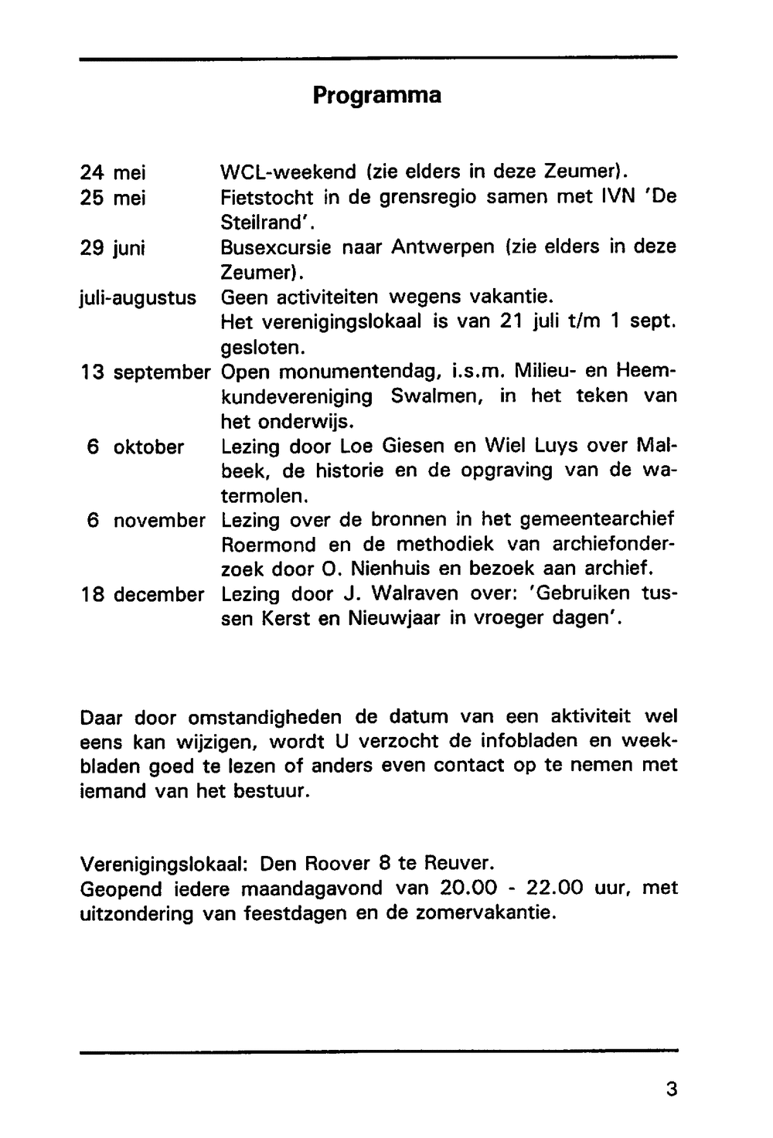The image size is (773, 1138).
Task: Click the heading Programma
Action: click(x=377, y=96)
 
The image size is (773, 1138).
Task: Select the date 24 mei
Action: click(x=113, y=172)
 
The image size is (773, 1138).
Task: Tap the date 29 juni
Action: click(x=114, y=248)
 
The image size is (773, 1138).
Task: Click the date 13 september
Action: click(x=145, y=372)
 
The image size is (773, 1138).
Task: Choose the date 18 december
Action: click(x=142, y=596)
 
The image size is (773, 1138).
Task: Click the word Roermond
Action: click(x=268, y=545)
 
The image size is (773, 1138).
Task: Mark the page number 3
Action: click(x=670, y=1089)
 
